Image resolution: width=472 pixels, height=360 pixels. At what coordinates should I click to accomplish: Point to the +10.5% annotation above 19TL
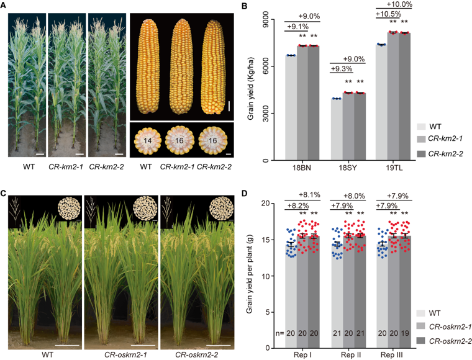(389, 14)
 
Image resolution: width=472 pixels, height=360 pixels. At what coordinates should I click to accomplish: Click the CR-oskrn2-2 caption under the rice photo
(196, 354)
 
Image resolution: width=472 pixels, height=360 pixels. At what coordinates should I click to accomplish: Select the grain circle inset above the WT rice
(68, 210)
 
